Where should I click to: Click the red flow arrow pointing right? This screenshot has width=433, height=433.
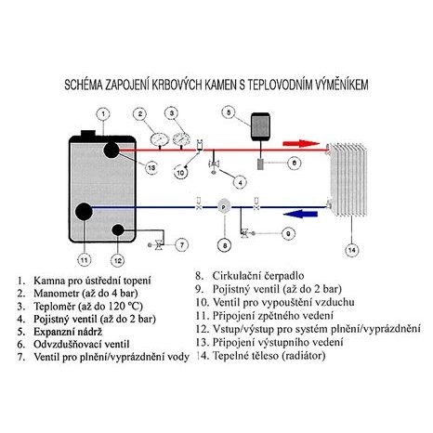301,144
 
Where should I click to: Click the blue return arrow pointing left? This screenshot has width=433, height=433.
301,214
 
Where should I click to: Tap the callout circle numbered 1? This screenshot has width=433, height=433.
103,114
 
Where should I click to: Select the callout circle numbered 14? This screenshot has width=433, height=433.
352,250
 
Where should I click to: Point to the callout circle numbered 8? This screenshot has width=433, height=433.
225,245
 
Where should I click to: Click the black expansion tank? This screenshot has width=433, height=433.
260,126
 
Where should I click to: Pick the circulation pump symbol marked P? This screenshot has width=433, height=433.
224,206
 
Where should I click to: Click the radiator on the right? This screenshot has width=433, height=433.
348,179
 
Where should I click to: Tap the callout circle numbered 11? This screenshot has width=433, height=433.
84,259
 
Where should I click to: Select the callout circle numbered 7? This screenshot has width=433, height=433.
182,245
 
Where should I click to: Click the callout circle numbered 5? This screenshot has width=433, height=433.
229,112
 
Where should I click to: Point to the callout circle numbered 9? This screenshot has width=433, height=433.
288,233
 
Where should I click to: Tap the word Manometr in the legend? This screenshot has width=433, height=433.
57,293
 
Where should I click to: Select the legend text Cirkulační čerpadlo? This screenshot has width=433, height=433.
258,275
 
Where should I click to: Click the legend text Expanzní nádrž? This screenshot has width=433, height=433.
68,332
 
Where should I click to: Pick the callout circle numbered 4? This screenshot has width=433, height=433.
240,182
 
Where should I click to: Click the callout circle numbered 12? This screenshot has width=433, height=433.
118,260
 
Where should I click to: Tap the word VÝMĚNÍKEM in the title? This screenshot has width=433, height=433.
342,85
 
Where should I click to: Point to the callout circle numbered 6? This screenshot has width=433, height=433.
294,163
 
